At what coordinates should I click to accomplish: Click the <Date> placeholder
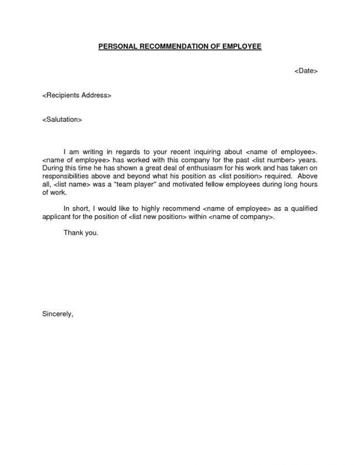coord(305,71)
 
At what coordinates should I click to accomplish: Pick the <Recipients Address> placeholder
coord(77,95)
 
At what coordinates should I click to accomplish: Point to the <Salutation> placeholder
coord(62,119)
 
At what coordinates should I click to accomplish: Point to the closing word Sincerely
coord(57,314)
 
